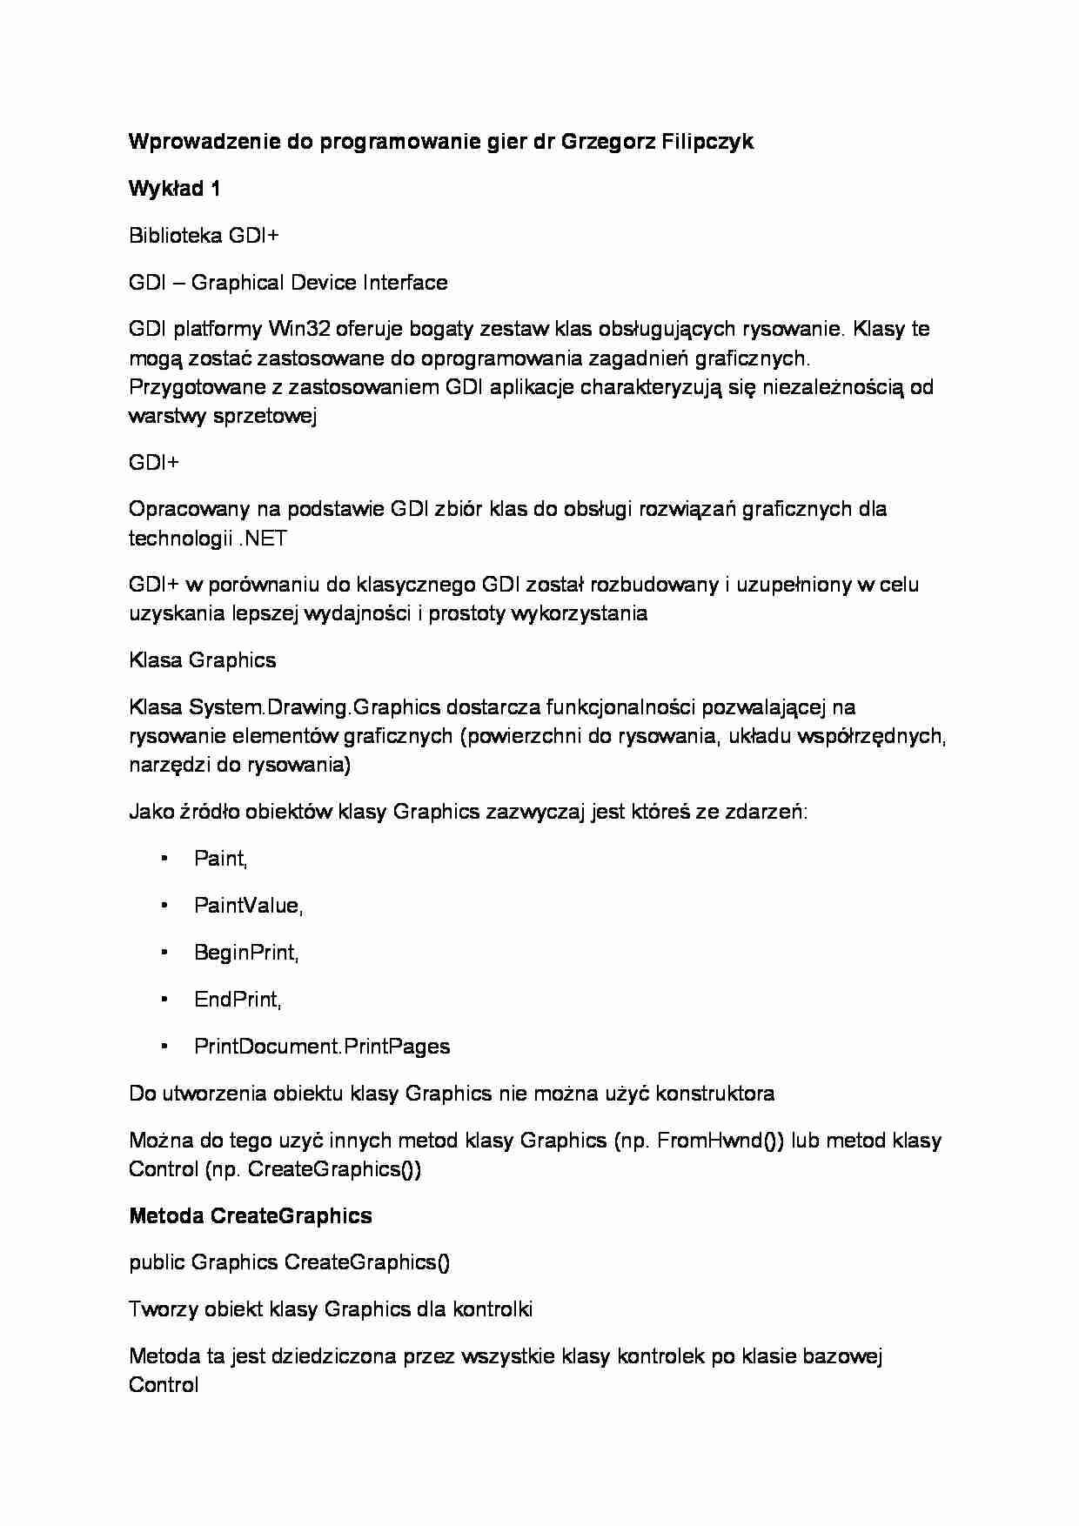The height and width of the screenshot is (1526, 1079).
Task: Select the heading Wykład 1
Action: tap(174, 189)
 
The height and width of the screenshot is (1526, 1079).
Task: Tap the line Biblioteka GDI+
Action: tap(204, 236)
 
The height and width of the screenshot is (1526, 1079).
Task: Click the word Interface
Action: tap(405, 283)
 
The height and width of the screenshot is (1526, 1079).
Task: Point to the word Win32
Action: tap(298, 329)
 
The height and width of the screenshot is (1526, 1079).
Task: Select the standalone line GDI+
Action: tap(154, 463)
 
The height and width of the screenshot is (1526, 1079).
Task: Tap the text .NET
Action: tap(262, 539)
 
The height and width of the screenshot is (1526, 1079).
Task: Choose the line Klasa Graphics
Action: tap(202, 660)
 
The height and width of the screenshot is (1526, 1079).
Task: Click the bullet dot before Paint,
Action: tap(164, 859)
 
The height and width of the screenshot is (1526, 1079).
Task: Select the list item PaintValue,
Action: tap(248, 906)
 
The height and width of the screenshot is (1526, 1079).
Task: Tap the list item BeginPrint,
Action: tap(246, 953)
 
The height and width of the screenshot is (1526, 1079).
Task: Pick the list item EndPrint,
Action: tap(238, 1000)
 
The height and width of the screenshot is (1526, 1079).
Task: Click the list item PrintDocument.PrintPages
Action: tap(322, 1047)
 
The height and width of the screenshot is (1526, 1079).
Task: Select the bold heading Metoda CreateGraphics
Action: tap(250, 1215)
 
